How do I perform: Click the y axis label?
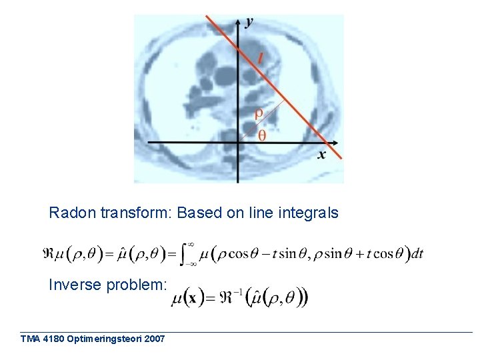click(x=249, y=23)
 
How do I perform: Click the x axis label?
click(x=321, y=155)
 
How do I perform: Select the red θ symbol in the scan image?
click(x=261, y=135)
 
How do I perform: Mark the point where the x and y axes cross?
click(x=239, y=143)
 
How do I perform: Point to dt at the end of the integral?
click(x=417, y=253)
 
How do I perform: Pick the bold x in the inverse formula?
click(x=191, y=298)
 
